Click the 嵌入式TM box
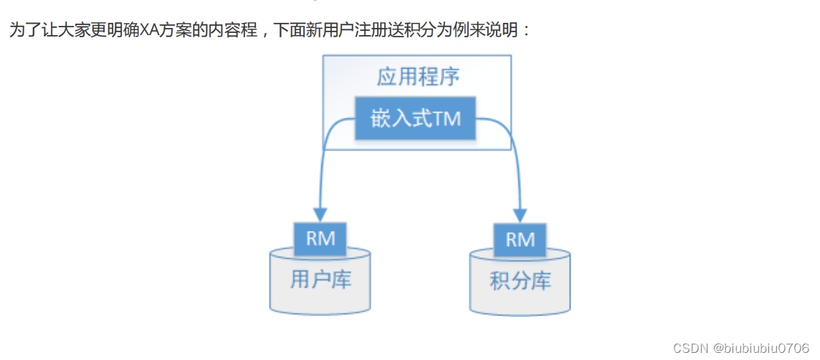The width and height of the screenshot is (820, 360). point(416,119)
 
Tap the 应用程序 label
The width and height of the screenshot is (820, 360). point(418,77)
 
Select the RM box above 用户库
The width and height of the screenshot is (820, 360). point(320,239)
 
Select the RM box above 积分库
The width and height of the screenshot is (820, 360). point(520,239)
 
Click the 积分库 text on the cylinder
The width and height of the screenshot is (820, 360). point(520,281)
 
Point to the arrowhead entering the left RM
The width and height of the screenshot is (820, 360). point(320,214)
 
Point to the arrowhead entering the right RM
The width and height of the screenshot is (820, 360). point(520,214)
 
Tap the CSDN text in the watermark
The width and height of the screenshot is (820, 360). point(690,348)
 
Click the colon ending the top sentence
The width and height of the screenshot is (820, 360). point(527,32)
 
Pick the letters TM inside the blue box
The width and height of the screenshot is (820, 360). point(447,119)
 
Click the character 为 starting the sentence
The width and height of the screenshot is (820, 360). point(16,31)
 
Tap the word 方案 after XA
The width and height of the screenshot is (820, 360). point(179,31)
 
